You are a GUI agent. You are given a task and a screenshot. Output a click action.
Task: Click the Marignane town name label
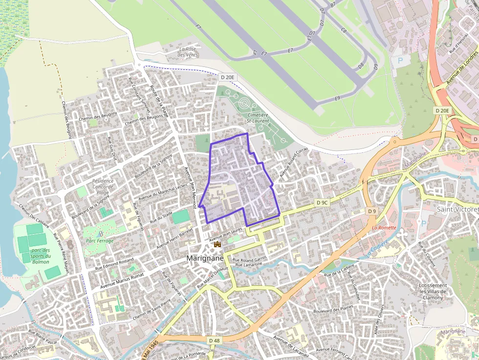click(205, 258)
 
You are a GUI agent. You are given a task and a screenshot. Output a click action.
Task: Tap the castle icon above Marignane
click(218, 243)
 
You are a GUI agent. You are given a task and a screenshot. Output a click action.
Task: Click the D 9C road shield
click(322, 202)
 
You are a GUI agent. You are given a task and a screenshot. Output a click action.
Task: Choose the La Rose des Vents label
click(187, 52)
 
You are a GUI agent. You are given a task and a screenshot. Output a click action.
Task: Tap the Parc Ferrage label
click(100, 241)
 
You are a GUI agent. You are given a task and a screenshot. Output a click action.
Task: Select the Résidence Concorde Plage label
click(103, 187)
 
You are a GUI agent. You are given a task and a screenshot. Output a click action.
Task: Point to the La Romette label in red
click(384, 228)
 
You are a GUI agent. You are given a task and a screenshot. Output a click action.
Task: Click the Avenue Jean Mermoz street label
click(191, 188)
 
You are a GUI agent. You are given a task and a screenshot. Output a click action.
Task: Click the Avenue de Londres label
click(462, 69)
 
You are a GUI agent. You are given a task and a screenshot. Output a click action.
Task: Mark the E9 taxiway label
click(337, 98)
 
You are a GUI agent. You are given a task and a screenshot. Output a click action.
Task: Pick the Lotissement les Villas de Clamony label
click(433, 291)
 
